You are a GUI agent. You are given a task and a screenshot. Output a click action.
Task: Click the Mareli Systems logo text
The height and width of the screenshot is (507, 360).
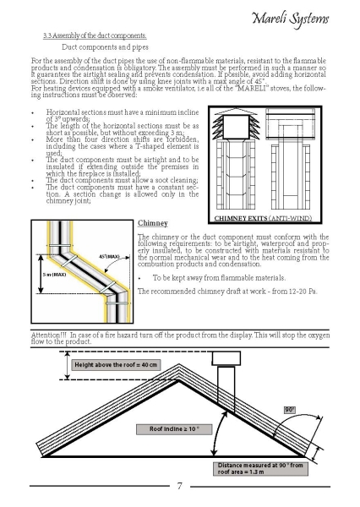click(290, 19)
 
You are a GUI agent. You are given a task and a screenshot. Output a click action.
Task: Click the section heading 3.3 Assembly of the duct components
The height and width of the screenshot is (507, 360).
click(95, 35)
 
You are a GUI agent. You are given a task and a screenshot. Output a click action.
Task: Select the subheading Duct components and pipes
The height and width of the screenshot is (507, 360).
click(105, 47)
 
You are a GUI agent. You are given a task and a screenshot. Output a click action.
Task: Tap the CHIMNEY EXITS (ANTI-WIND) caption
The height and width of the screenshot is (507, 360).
click(263, 218)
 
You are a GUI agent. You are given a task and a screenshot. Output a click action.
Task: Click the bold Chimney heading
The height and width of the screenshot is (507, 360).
click(153, 223)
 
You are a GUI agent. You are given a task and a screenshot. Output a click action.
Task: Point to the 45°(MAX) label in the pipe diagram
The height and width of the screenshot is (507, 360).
click(109, 257)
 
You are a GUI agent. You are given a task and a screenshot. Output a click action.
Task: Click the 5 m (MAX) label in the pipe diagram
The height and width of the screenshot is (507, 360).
click(54, 275)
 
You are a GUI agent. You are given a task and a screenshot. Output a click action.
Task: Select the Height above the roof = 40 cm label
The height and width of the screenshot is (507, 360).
click(116, 365)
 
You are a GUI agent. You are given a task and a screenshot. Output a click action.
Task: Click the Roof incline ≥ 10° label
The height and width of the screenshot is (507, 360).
click(174, 429)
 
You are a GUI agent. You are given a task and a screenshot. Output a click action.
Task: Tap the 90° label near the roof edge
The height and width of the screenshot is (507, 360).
click(290, 410)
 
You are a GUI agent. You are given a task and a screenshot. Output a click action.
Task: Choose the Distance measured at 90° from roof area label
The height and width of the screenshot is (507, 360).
click(260, 468)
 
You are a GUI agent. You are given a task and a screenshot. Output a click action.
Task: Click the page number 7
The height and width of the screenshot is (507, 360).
click(180, 486)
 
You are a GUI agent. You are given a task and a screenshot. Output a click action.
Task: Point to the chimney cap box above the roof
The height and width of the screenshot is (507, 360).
click(226, 358)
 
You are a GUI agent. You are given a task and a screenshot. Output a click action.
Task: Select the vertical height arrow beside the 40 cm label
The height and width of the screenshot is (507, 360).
click(67, 365)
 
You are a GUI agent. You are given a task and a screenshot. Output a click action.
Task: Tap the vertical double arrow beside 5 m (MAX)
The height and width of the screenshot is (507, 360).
click(41, 274)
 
